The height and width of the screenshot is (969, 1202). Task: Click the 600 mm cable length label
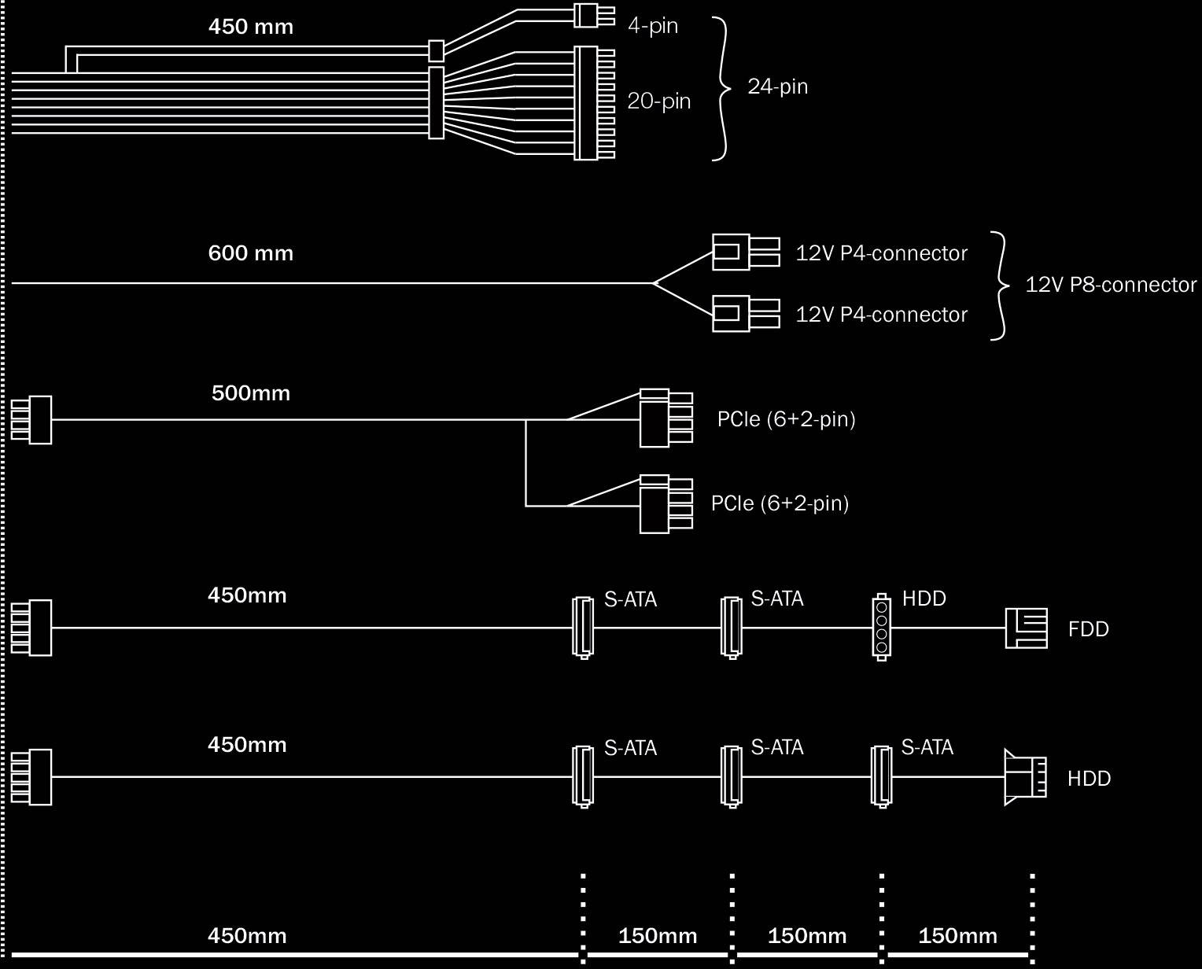pyautogui.click(x=250, y=253)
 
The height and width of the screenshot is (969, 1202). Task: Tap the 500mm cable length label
pyautogui.click(x=250, y=392)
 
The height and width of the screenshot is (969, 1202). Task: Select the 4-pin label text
pyautogui.click(x=652, y=26)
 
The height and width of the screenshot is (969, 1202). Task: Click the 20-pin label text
pyautogui.click(x=658, y=101)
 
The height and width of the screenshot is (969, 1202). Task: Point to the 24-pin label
pyautogui.click(x=777, y=87)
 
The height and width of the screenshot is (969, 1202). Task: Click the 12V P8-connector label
pyautogui.click(x=1110, y=285)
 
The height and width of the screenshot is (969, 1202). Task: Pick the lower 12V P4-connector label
pyautogui.click(x=881, y=315)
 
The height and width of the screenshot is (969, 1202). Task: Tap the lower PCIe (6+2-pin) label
pyautogui.click(x=780, y=503)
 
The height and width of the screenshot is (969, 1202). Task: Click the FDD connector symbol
pyautogui.click(x=1026, y=628)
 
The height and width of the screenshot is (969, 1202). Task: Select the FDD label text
pyautogui.click(x=1088, y=629)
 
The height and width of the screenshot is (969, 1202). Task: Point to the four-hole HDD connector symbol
pyautogui.click(x=881, y=627)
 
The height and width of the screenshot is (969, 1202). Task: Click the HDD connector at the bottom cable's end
pyautogui.click(x=1025, y=777)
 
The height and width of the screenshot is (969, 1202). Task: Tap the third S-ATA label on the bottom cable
pyautogui.click(x=927, y=747)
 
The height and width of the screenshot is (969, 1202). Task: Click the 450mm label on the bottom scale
pyautogui.click(x=247, y=936)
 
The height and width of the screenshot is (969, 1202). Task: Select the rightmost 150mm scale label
pyautogui.click(x=957, y=936)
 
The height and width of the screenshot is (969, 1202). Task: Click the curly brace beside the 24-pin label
pyautogui.click(x=721, y=88)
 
